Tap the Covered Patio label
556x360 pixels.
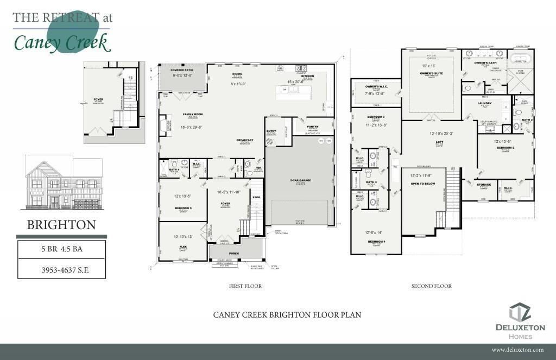click(x=182, y=70)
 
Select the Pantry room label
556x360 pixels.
click(x=312, y=126)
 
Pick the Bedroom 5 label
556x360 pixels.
click(x=182, y=208)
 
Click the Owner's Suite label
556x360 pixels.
click(x=432, y=72)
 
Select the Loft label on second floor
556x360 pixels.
click(x=439, y=142)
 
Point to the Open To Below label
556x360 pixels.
click(x=424, y=184)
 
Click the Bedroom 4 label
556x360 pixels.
click(x=376, y=241)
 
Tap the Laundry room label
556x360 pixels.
click(x=484, y=103)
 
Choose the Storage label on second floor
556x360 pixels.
click(x=484, y=185)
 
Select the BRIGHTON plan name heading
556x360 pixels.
click(x=61, y=224)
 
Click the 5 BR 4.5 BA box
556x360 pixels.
click(x=61, y=250)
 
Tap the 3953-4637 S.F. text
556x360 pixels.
click(x=61, y=269)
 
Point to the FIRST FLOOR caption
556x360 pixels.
click(x=245, y=286)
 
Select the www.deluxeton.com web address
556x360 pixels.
click(x=517, y=350)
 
